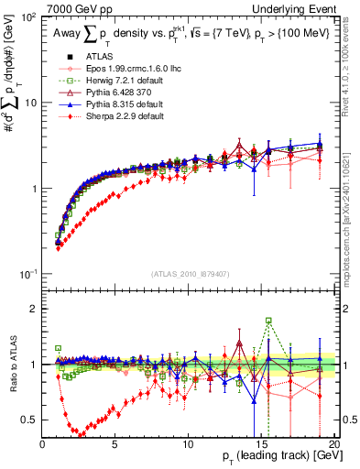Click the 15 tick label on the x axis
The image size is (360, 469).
click(260, 443)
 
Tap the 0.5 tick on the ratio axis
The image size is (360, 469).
click(29, 420)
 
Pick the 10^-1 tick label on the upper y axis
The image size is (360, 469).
click(27, 274)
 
